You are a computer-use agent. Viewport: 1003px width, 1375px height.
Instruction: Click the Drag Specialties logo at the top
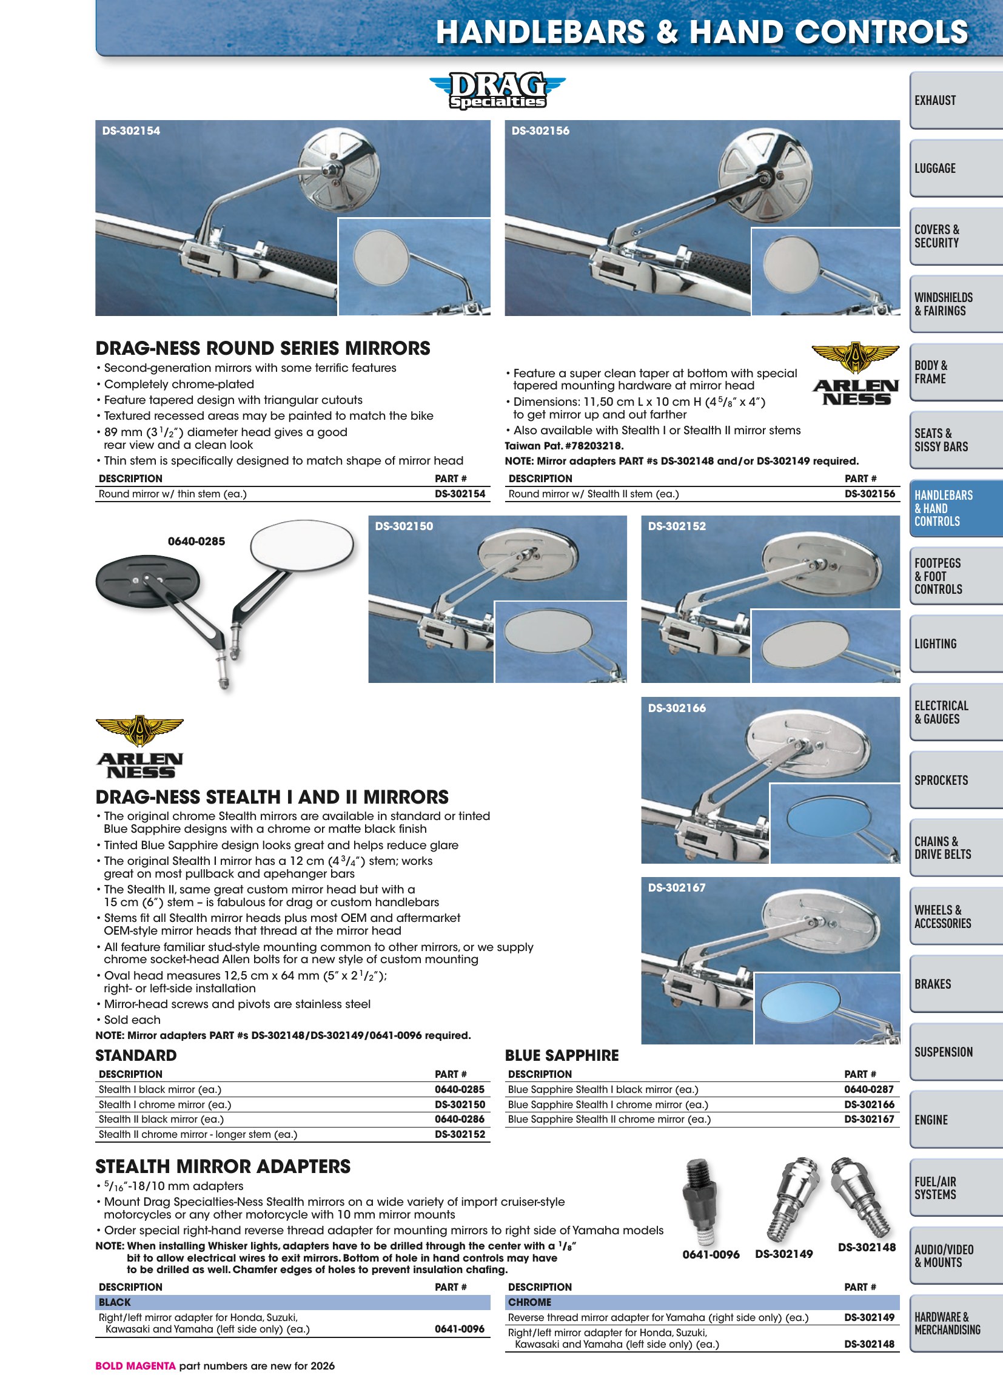(497, 90)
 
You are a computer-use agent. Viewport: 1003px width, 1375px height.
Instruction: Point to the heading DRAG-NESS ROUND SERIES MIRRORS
(263, 349)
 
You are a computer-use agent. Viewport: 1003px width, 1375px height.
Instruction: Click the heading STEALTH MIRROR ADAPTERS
(223, 1167)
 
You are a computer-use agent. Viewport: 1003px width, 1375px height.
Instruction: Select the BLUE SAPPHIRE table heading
(562, 1055)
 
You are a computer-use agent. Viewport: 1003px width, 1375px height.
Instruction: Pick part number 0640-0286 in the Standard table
(460, 1119)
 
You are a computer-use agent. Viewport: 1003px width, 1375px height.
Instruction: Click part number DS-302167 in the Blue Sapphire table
(869, 1119)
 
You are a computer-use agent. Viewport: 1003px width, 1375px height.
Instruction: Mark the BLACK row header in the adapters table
(115, 1302)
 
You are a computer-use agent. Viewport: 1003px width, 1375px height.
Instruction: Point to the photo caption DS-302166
(677, 708)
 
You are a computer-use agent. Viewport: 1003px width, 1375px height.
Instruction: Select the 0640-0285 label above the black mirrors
(196, 541)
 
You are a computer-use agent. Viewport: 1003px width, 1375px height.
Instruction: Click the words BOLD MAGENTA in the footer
(135, 1366)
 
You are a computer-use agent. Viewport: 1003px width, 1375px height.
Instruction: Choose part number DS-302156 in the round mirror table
(870, 494)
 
